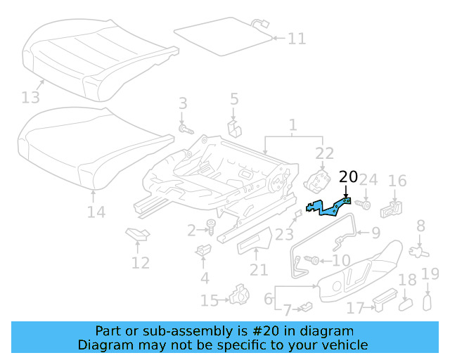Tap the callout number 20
(348, 176)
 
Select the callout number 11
(297, 38)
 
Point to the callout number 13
(31, 96)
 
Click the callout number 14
(96, 212)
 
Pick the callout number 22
(324, 154)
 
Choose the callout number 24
(369, 180)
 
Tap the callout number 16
(397, 181)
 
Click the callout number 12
(141, 263)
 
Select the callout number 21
(259, 270)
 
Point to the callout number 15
(210, 301)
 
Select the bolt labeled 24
(366, 205)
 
